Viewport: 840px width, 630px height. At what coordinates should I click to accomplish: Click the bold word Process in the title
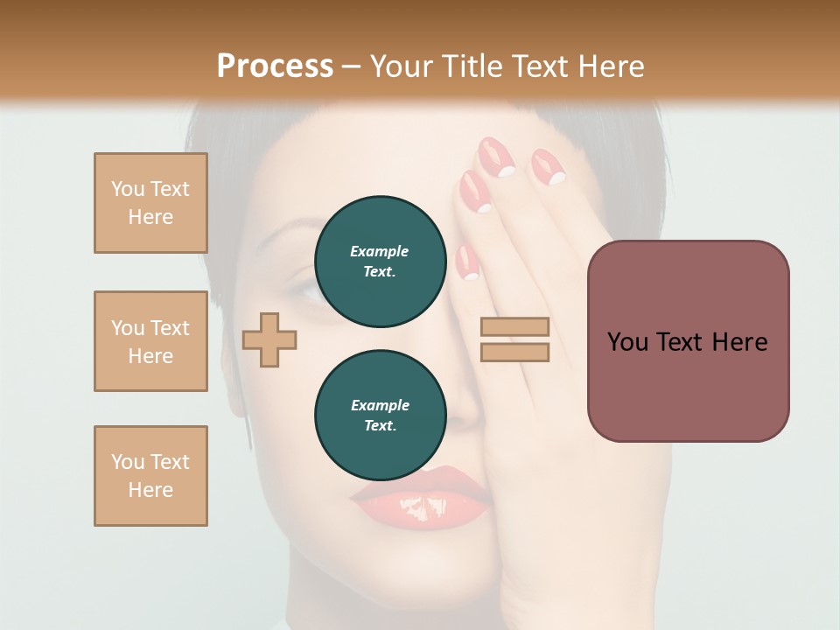(275, 66)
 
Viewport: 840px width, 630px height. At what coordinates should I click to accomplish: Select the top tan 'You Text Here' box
(150, 203)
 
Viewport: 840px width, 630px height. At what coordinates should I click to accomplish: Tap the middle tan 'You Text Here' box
(150, 341)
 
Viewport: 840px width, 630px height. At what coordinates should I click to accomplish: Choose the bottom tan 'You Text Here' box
(150, 476)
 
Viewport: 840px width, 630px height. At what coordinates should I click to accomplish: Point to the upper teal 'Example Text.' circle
(380, 261)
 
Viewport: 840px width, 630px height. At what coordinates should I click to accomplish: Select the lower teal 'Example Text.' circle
(380, 415)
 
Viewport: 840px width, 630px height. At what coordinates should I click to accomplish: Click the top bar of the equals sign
(514, 326)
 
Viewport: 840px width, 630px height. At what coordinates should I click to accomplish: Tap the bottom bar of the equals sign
(514, 352)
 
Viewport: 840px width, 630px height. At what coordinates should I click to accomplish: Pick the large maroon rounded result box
(688, 341)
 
